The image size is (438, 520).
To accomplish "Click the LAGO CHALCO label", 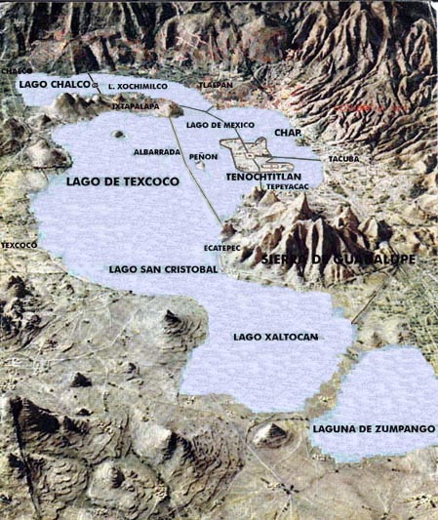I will (x=54, y=85).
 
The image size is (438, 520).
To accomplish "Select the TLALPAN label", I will (x=216, y=85).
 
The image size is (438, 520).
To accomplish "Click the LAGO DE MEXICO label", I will (x=219, y=125).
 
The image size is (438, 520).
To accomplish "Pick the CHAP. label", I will (x=286, y=133).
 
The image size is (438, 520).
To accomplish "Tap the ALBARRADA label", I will (x=156, y=153).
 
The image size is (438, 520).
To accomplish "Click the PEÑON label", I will (x=204, y=156).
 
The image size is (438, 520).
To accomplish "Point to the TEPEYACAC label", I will (x=288, y=187).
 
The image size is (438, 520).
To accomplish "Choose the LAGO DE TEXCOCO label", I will (x=111, y=181).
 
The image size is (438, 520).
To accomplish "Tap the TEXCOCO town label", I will (x=19, y=245).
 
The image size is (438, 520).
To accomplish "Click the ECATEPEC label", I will (x=221, y=248).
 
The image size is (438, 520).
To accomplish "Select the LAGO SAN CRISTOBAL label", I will (x=163, y=268).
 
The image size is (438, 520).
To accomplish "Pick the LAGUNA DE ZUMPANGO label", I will (x=374, y=428).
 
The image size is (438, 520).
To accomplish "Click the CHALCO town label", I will (x=15, y=71).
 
